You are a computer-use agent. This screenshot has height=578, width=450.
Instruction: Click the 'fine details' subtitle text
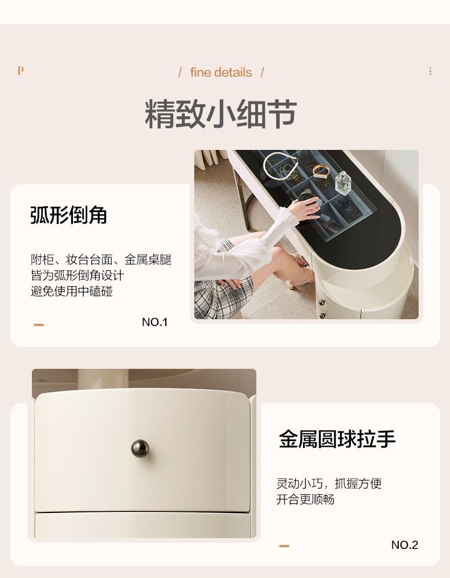(221, 72)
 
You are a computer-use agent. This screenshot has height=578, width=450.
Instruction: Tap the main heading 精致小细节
(220, 114)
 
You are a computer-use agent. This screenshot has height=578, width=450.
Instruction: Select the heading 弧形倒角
(68, 215)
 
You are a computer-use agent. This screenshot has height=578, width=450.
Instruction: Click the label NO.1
(155, 322)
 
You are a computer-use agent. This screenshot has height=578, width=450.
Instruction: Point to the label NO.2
(404, 545)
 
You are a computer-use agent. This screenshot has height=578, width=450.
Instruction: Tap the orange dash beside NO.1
(39, 325)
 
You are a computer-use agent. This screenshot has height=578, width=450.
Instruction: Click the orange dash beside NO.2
(284, 546)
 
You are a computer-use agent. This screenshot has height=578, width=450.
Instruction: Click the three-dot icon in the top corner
(430, 71)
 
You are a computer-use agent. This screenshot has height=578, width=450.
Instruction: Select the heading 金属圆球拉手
(337, 439)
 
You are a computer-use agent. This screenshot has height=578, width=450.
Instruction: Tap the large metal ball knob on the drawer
(140, 448)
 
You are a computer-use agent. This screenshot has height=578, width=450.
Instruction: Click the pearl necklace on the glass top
(280, 166)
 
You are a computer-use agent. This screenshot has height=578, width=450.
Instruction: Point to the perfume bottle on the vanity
(343, 183)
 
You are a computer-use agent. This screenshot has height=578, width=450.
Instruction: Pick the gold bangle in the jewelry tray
(321, 171)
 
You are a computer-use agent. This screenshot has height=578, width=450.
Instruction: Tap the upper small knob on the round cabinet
(322, 303)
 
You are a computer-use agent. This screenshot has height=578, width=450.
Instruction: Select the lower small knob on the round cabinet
(323, 316)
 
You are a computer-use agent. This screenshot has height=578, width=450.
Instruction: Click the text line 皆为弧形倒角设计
(77, 275)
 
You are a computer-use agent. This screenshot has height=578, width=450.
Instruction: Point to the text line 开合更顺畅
(305, 499)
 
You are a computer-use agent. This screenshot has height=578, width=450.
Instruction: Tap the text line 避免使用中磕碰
(71, 291)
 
